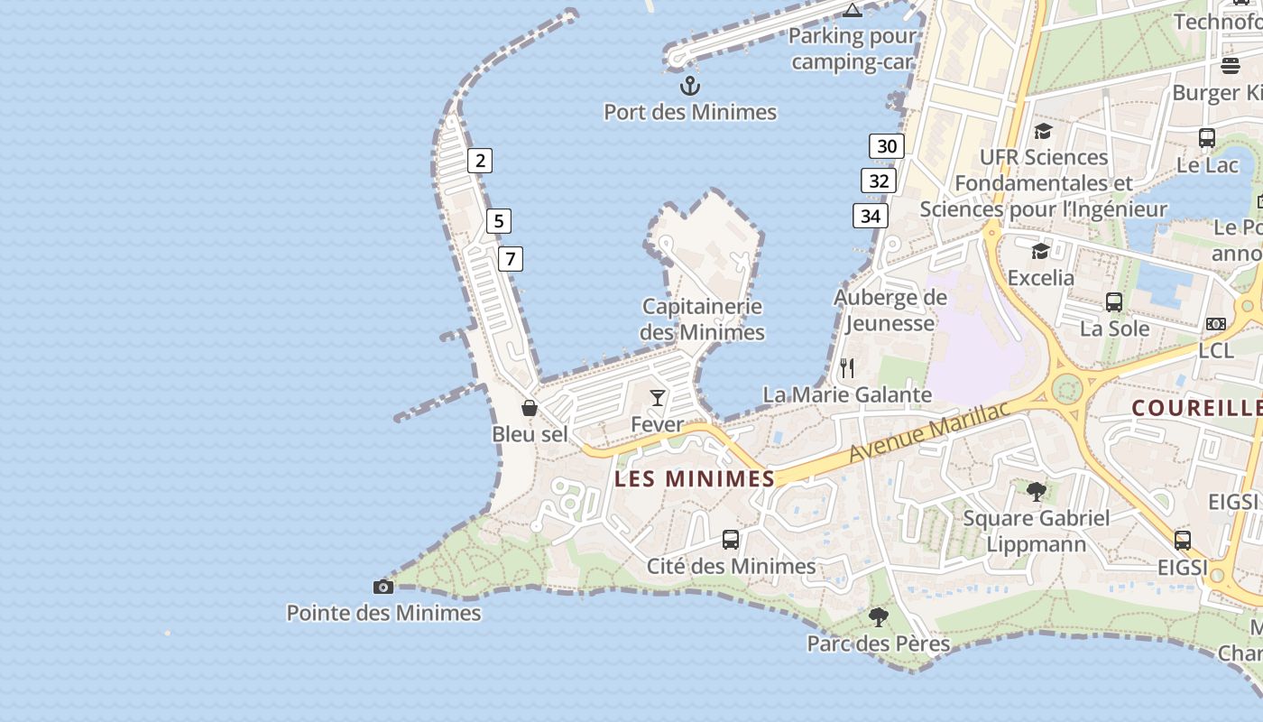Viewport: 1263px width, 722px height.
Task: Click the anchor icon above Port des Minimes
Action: click(x=690, y=86)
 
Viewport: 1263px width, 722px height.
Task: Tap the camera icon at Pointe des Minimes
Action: click(x=383, y=587)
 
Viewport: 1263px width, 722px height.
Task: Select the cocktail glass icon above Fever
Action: click(x=658, y=397)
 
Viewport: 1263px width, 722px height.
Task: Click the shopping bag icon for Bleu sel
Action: click(x=530, y=408)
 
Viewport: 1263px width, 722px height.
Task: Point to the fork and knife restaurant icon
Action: click(x=846, y=367)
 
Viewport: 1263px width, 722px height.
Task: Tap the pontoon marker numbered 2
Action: click(x=480, y=161)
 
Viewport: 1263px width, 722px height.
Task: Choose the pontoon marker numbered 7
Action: click(x=511, y=259)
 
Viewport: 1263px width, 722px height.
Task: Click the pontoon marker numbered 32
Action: click(x=879, y=180)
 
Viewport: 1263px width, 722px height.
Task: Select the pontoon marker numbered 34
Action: click(x=870, y=216)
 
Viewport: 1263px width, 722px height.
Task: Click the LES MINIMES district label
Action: click(x=695, y=478)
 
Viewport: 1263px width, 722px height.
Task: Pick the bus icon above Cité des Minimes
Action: click(x=731, y=540)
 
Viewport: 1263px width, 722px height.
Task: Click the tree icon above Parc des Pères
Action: click(x=878, y=617)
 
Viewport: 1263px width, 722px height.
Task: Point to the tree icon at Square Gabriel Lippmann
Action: click(x=1037, y=492)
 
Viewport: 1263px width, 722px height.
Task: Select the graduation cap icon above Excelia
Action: click(x=1041, y=251)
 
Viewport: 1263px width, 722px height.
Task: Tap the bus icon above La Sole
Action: click(x=1114, y=302)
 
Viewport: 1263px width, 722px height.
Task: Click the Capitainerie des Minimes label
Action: click(x=702, y=319)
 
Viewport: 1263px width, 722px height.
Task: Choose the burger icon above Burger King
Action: click(x=1231, y=65)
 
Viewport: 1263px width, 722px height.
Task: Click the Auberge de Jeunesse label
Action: click(x=890, y=310)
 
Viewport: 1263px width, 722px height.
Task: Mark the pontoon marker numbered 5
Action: click(x=498, y=220)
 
